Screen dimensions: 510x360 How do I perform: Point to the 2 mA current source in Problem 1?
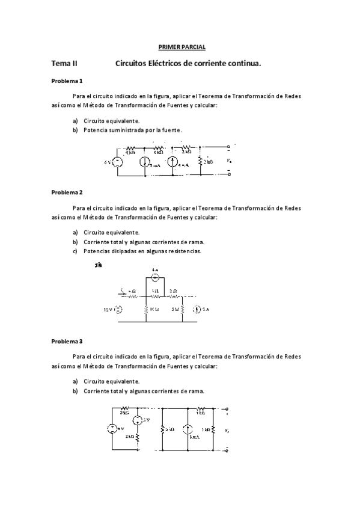pyautogui.click(x=145, y=162)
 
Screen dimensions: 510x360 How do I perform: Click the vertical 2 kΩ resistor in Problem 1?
pyautogui.click(x=200, y=161)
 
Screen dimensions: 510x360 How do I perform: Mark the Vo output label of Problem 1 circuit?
pyautogui.click(x=228, y=161)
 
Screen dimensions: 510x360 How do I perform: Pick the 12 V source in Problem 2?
pyautogui.click(x=118, y=310)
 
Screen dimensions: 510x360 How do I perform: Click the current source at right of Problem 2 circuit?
pyautogui.click(x=197, y=310)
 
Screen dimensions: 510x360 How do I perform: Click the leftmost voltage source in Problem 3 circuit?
pyautogui.click(x=112, y=429)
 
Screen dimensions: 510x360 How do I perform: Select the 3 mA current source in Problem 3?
pyautogui.click(x=187, y=429)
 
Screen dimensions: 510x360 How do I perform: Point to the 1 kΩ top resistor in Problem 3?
pyautogui.click(x=201, y=412)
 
